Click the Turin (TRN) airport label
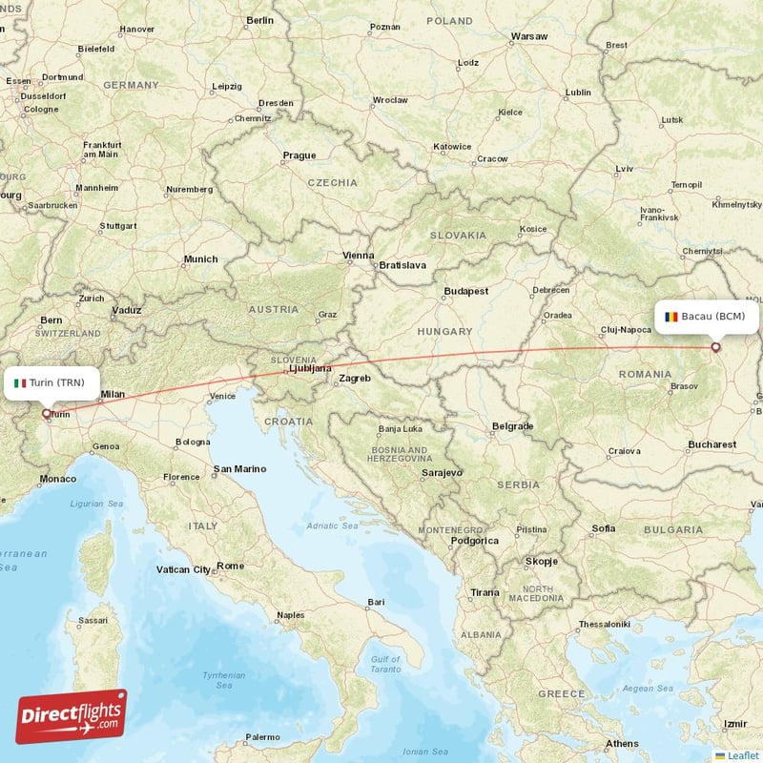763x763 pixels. click(56, 383)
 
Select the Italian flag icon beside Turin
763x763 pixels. click(21, 383)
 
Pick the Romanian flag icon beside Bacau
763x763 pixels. click(671, 316)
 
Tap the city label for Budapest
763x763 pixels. click(465, 291)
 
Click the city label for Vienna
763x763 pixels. click(359, 256)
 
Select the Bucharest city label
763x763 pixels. click(711, 444)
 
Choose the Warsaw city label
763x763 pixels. click(529, 36)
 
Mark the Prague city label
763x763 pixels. click(299, 155)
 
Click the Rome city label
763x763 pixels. click(231, 566)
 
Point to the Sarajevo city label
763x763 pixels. click(442, 472)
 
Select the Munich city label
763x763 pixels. click(200, 258)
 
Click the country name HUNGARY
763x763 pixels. click(444, 332)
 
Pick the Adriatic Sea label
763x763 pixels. click(333, 526)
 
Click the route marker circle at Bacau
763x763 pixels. click(716, 347)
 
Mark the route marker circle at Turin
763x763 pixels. click(46, 414)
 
